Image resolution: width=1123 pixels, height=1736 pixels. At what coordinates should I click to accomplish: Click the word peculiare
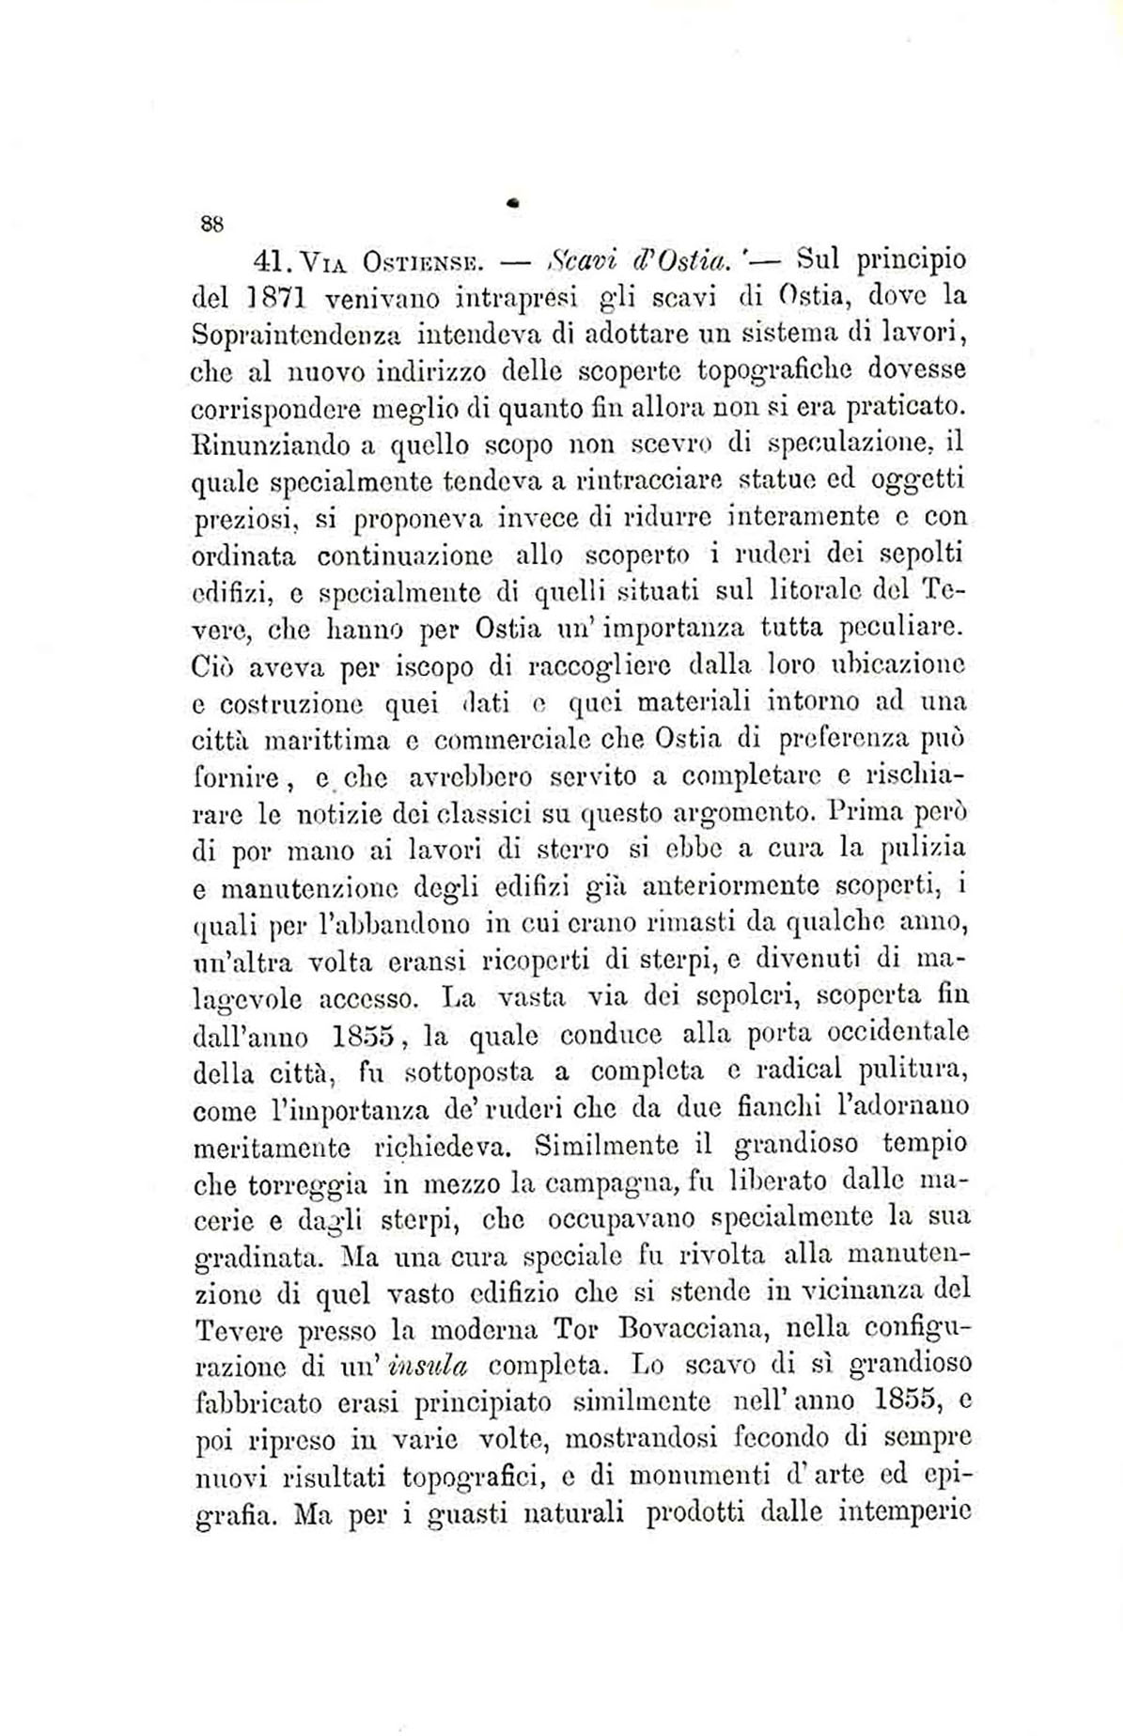[902, 626]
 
